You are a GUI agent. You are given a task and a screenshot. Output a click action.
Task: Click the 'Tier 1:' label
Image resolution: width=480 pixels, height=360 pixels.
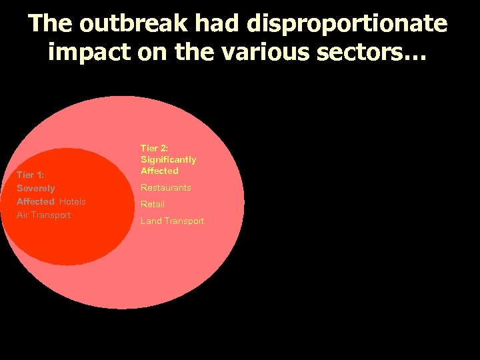[x=31, y=175]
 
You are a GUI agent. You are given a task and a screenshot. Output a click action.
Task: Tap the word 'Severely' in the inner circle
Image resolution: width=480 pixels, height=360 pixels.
[x=36, y=189]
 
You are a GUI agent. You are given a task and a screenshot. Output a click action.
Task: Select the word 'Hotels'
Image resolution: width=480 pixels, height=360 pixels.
[x=73, y=201]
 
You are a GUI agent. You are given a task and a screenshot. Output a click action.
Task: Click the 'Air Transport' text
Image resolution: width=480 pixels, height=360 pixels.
[x=43, y=215]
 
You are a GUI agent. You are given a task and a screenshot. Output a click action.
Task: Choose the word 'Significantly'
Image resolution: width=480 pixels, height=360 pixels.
[x=169, y=159]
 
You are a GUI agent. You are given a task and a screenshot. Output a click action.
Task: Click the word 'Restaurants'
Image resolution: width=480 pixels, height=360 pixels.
[x=166, y=188]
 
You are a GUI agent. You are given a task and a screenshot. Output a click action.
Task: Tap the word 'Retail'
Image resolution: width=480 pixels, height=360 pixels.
[x=153, y=204]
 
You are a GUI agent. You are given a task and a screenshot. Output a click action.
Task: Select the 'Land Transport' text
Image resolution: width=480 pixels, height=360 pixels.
[x=173, y=221]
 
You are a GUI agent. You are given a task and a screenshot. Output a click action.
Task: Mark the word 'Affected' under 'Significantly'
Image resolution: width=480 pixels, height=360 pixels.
[x=159, y=171]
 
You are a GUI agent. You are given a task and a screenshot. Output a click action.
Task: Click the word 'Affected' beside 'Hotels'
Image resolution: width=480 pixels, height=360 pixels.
[x=35, y=201]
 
